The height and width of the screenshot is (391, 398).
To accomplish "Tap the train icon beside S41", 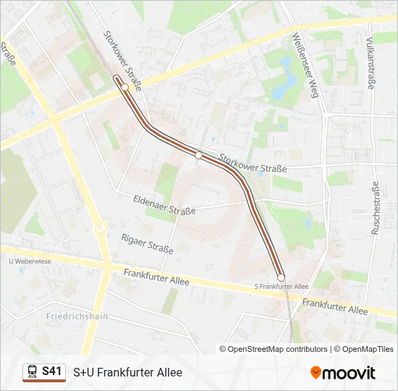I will click(x=33, y=372).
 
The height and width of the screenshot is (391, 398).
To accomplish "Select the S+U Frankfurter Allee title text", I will click(x=127, y=372).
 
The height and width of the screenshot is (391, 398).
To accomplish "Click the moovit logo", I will click(x=343, y=373).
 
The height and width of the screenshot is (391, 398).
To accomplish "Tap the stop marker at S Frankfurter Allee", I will click(x=281, y=277).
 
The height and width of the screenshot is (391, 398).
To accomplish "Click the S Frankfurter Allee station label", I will click(x=281, y=287).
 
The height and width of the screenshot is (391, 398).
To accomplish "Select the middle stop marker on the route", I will click(x=198, y=155).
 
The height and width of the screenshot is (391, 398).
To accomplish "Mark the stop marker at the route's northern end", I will click(x=124, y=87).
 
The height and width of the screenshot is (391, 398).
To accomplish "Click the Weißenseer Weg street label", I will click(x=305, y=64).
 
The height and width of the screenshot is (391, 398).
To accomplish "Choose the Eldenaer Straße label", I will click(x=164, y=205).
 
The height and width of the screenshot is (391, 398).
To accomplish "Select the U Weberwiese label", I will click(x=30, y=261).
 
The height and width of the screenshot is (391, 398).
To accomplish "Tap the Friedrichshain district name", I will click(x=77, y=316).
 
